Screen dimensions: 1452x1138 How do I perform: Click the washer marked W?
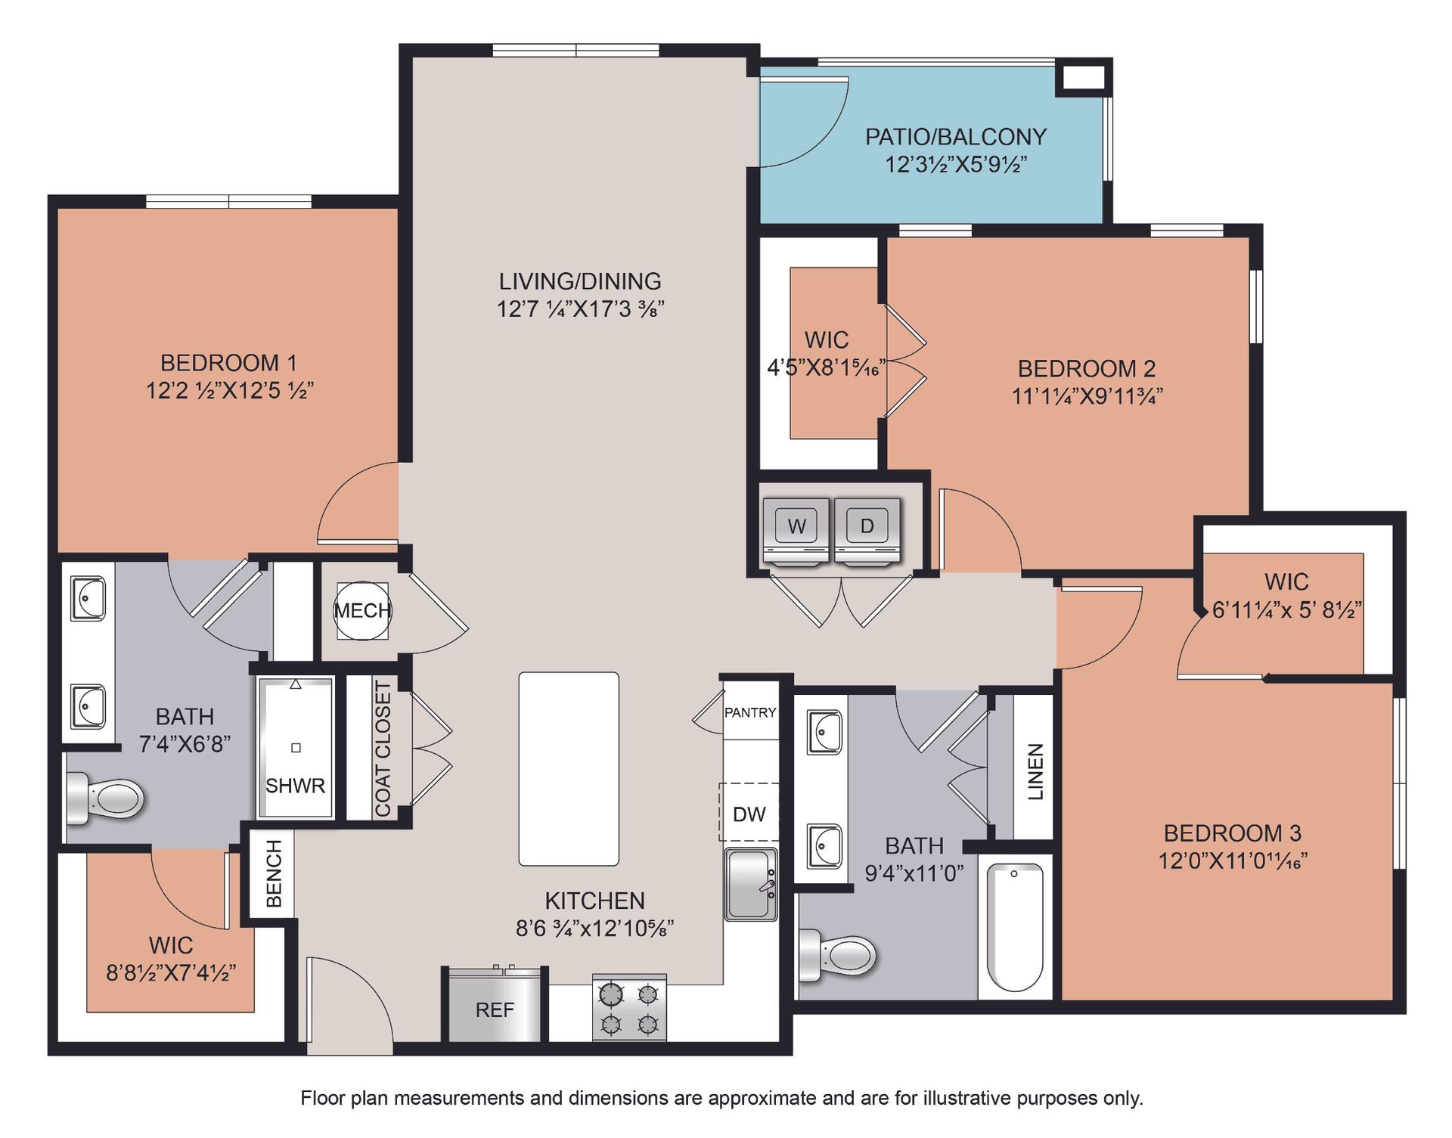[x=796, y=531]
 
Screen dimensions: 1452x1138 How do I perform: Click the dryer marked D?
[x=867, y=531]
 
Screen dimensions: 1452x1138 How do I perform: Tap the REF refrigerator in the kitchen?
[x=495, y=1004]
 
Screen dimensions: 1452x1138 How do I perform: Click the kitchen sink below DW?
[x=751, y=884]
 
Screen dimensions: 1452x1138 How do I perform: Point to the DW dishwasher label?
[x=749, y=814]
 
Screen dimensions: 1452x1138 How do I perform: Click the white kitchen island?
[x=569, y=769]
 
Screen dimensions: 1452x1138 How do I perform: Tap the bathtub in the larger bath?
[x=1015, y=927]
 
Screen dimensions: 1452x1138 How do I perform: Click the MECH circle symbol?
[x=363, y=610]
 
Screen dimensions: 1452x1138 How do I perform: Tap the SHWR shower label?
[x=295, y=786]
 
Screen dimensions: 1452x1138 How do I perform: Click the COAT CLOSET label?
[x=383, y=749]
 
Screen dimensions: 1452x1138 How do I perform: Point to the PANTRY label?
[x=750, y=712]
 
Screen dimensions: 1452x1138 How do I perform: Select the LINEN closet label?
[x=1035, y=771]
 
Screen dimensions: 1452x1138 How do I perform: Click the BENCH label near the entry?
[x=274, y=873]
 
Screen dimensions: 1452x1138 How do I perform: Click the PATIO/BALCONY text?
[x=956, y=137]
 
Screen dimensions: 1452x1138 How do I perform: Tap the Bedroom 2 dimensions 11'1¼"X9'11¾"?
[x=1087, y=395]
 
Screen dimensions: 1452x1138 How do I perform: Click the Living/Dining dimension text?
[x=581, y=309]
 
